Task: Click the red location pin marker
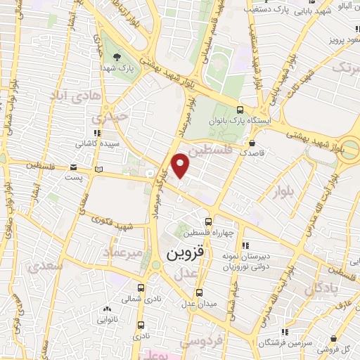pyautogui.click(x=181, y=165)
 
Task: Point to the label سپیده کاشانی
pyautogui.click(x=96, y=142)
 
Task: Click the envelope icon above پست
pyautogui.click(x=74, y=167)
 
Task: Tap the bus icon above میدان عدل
pyautogui.click(x=199, y=292)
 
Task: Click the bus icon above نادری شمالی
pyautogui.click(x=141, y=288)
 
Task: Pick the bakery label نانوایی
pyautogui.click(x=106, y=318)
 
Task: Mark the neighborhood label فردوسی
pyautogui.click(x=199, y=340)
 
